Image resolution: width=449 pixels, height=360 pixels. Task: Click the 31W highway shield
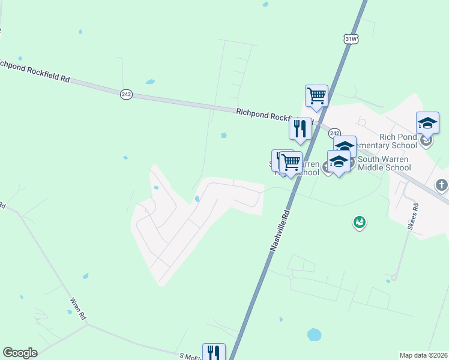tap(351, 39)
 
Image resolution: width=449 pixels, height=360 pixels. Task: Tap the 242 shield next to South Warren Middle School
tap(335, 133)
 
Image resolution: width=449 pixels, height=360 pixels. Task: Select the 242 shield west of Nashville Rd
tap(126, 94)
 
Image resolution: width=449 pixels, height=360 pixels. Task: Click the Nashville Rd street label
tap(280, 230)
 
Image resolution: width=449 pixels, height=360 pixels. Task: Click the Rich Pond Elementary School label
tap(387, 141)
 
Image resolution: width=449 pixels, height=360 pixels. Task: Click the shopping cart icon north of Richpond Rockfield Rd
tap(316, 95)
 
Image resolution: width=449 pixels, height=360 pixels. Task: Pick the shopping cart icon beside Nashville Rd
tap(291, 161)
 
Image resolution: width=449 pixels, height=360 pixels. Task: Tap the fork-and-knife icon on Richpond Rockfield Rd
tap(300, 128)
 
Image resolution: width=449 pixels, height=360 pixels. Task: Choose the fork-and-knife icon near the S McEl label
tap(214, 352)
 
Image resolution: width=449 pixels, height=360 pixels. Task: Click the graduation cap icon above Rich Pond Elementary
tap(427, 122)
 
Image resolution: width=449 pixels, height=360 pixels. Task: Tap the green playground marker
tap(360, 223)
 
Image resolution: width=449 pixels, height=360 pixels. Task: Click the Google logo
tap(20, 353)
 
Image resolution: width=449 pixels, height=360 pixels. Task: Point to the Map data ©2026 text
tap(423, 355)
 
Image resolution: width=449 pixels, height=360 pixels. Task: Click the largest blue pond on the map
tap(314, 334)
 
